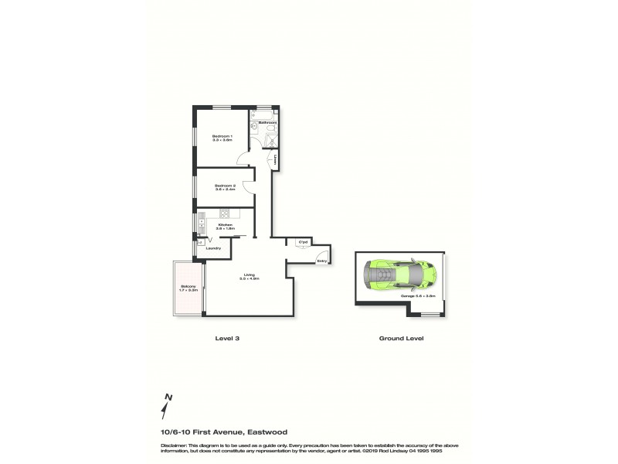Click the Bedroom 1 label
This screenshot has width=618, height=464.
222,138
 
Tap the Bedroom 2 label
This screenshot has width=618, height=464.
225,186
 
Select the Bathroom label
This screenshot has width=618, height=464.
268,122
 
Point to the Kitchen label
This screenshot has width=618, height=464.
225,226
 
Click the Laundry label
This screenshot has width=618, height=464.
214,248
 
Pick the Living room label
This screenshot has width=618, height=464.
249,276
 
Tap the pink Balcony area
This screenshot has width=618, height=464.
188,289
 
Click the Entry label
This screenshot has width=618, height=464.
322,261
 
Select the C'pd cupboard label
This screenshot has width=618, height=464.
303,242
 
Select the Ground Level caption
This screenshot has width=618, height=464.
401,338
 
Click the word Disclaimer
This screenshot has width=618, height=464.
174,446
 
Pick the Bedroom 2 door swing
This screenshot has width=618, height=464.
248,186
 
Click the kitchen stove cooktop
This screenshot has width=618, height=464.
226,213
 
